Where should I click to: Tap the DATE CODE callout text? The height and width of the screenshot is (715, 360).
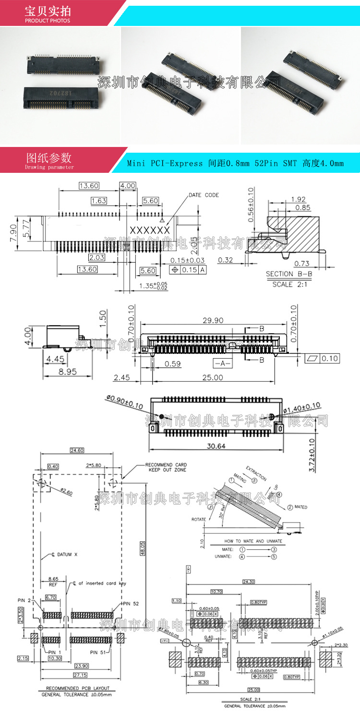pyautogui.click(x=204, y=195)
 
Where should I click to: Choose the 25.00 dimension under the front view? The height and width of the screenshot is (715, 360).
pyautogui.click(x=212, y=377)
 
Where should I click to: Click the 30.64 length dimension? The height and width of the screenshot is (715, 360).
pyautogui.click(x=216, y=446)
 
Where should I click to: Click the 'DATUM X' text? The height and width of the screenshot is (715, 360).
pyautogui.click(x=61, y=555)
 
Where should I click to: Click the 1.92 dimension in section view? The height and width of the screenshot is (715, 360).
pyautogui.click(x=298, y=199)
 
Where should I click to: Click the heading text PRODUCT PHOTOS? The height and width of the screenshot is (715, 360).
pyautogui.click(x=48, y=21)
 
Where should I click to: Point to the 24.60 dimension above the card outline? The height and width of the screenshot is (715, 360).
pyautogui.click(x=76, y=450)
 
